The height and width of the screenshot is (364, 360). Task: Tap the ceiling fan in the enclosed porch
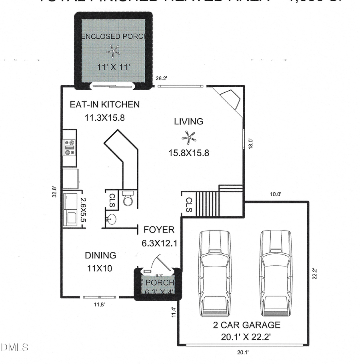point(114,51)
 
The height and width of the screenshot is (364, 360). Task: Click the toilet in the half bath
point(128,198)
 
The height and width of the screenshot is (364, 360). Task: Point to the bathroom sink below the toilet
point(112,219)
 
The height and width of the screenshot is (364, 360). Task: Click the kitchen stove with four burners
point(69,147)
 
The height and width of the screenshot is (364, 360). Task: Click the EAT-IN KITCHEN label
point(104,105)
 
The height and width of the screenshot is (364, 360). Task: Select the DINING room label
point(100,255)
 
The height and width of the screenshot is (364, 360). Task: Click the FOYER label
point(159,230)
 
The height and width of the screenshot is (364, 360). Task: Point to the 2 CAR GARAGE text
point(246,325)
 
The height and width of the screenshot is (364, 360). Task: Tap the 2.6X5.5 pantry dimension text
point(83,210)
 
